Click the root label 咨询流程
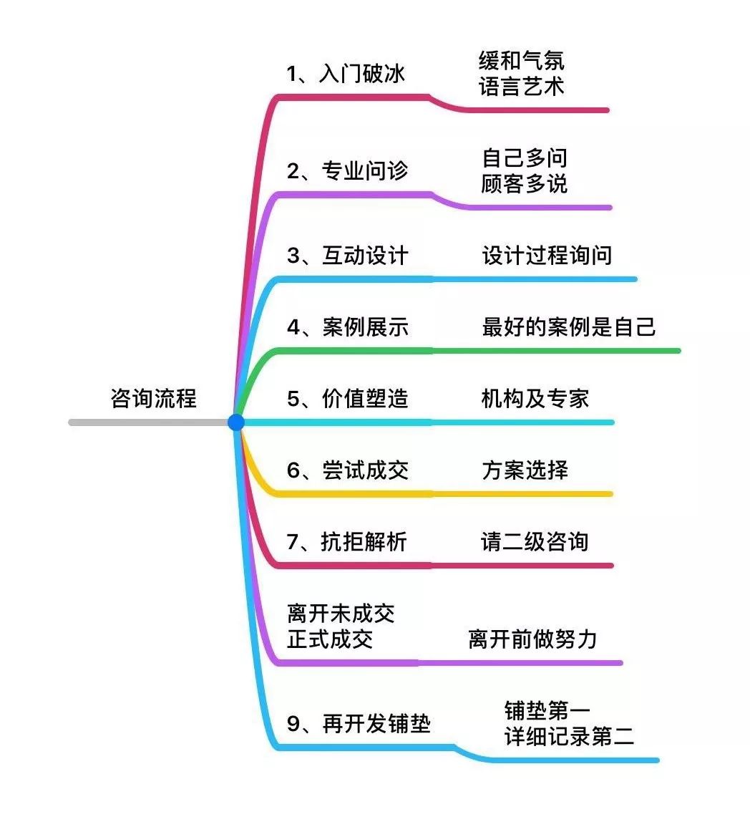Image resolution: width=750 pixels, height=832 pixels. click(153, 398)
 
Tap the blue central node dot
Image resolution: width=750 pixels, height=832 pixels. click(236, 422)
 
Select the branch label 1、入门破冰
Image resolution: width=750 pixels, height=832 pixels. click(346, 73)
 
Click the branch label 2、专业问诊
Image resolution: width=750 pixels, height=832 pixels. click(347, 170)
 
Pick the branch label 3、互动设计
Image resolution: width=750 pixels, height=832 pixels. click(347, 256)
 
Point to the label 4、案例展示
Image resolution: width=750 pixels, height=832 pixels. click(347, 327)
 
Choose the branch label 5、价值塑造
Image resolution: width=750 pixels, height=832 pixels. click(347, 398)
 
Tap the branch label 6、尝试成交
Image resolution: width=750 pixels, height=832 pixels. click(347, 470)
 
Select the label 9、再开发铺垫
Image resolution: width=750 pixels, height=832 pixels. click(359, 723)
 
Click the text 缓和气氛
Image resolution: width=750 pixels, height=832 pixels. click(522, 60)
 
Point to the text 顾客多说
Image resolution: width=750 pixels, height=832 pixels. click(525, 183)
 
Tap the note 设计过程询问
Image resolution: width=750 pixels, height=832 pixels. click(547, 256)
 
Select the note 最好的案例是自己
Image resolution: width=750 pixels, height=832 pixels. click(569, 327)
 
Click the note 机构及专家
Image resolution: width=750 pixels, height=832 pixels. click(535, 398)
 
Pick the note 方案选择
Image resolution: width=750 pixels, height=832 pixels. click(525, 470)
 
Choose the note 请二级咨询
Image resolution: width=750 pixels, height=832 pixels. click(535, 541)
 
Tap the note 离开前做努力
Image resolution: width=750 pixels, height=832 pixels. click(532, 639)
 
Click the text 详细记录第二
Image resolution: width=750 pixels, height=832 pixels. click(569, 736)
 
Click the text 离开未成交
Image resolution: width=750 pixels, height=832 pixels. click(341, 614)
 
